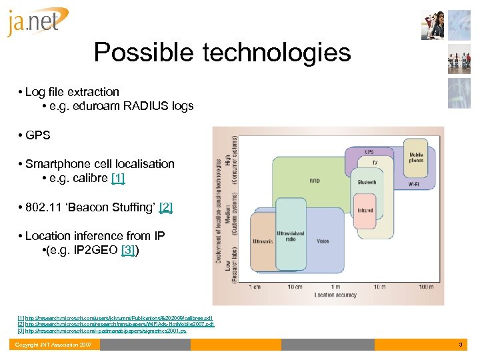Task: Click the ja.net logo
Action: [37, 22]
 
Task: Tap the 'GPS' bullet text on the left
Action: [38, 135]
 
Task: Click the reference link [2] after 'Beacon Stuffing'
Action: [165, 207]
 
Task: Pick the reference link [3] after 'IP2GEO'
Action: [129, 250]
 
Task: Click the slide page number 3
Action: [460, 345]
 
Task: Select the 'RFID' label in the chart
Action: [315, 181]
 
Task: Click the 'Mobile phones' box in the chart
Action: [416, 158]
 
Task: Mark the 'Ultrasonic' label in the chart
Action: [263, 241]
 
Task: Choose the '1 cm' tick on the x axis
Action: [255, 287]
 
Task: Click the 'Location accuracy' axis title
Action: [336, 295]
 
